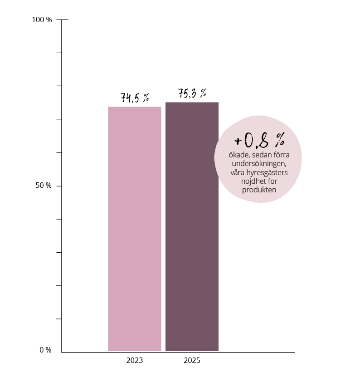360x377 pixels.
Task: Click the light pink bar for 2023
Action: [x=135, y=229]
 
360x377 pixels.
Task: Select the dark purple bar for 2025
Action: [x=192, y=226]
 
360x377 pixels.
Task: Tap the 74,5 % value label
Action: [x=135, y=98]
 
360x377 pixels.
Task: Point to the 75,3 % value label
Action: [x=192, y=93]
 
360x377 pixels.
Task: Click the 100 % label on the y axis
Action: [x=42, y=20]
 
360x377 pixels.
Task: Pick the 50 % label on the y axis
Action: [x=44, y=186]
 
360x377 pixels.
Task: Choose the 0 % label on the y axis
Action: [x=45, y=350]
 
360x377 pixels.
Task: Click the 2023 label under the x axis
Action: [x=135, y=361]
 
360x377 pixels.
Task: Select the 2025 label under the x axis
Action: [x=192, y=361]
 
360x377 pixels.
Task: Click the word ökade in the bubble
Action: [x=238, y=155]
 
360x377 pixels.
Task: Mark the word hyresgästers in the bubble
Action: [x=267, y=173]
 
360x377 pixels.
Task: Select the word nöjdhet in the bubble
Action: [x=256, y=181]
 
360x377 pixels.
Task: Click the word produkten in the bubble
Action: [x=259, y=190]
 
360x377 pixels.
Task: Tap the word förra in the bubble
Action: [x=280, y=155]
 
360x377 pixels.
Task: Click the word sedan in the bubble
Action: [x=260, y=155]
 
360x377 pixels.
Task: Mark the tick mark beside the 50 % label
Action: [x=59, y=186]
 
